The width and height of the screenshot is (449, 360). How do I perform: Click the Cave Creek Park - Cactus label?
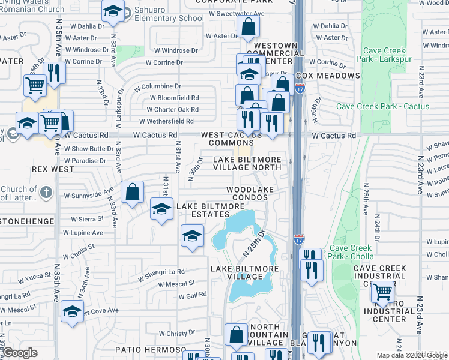(x=382, y=106)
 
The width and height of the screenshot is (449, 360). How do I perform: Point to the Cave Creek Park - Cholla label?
(x=352, y=253)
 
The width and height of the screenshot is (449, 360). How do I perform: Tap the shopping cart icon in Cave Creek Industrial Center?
(x=382, y=292)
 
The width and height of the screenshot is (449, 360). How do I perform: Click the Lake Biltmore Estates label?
(x=210, y=211)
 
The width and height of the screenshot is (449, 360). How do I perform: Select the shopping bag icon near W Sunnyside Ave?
(x=133, y=192)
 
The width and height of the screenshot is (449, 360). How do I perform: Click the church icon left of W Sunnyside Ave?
(x=49, y=194)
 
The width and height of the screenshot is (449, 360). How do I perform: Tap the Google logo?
(x=20, y=353)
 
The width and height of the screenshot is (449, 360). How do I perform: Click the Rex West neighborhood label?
(x=54, y=169)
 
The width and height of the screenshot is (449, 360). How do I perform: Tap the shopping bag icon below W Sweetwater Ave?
(x=248, y=27)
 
